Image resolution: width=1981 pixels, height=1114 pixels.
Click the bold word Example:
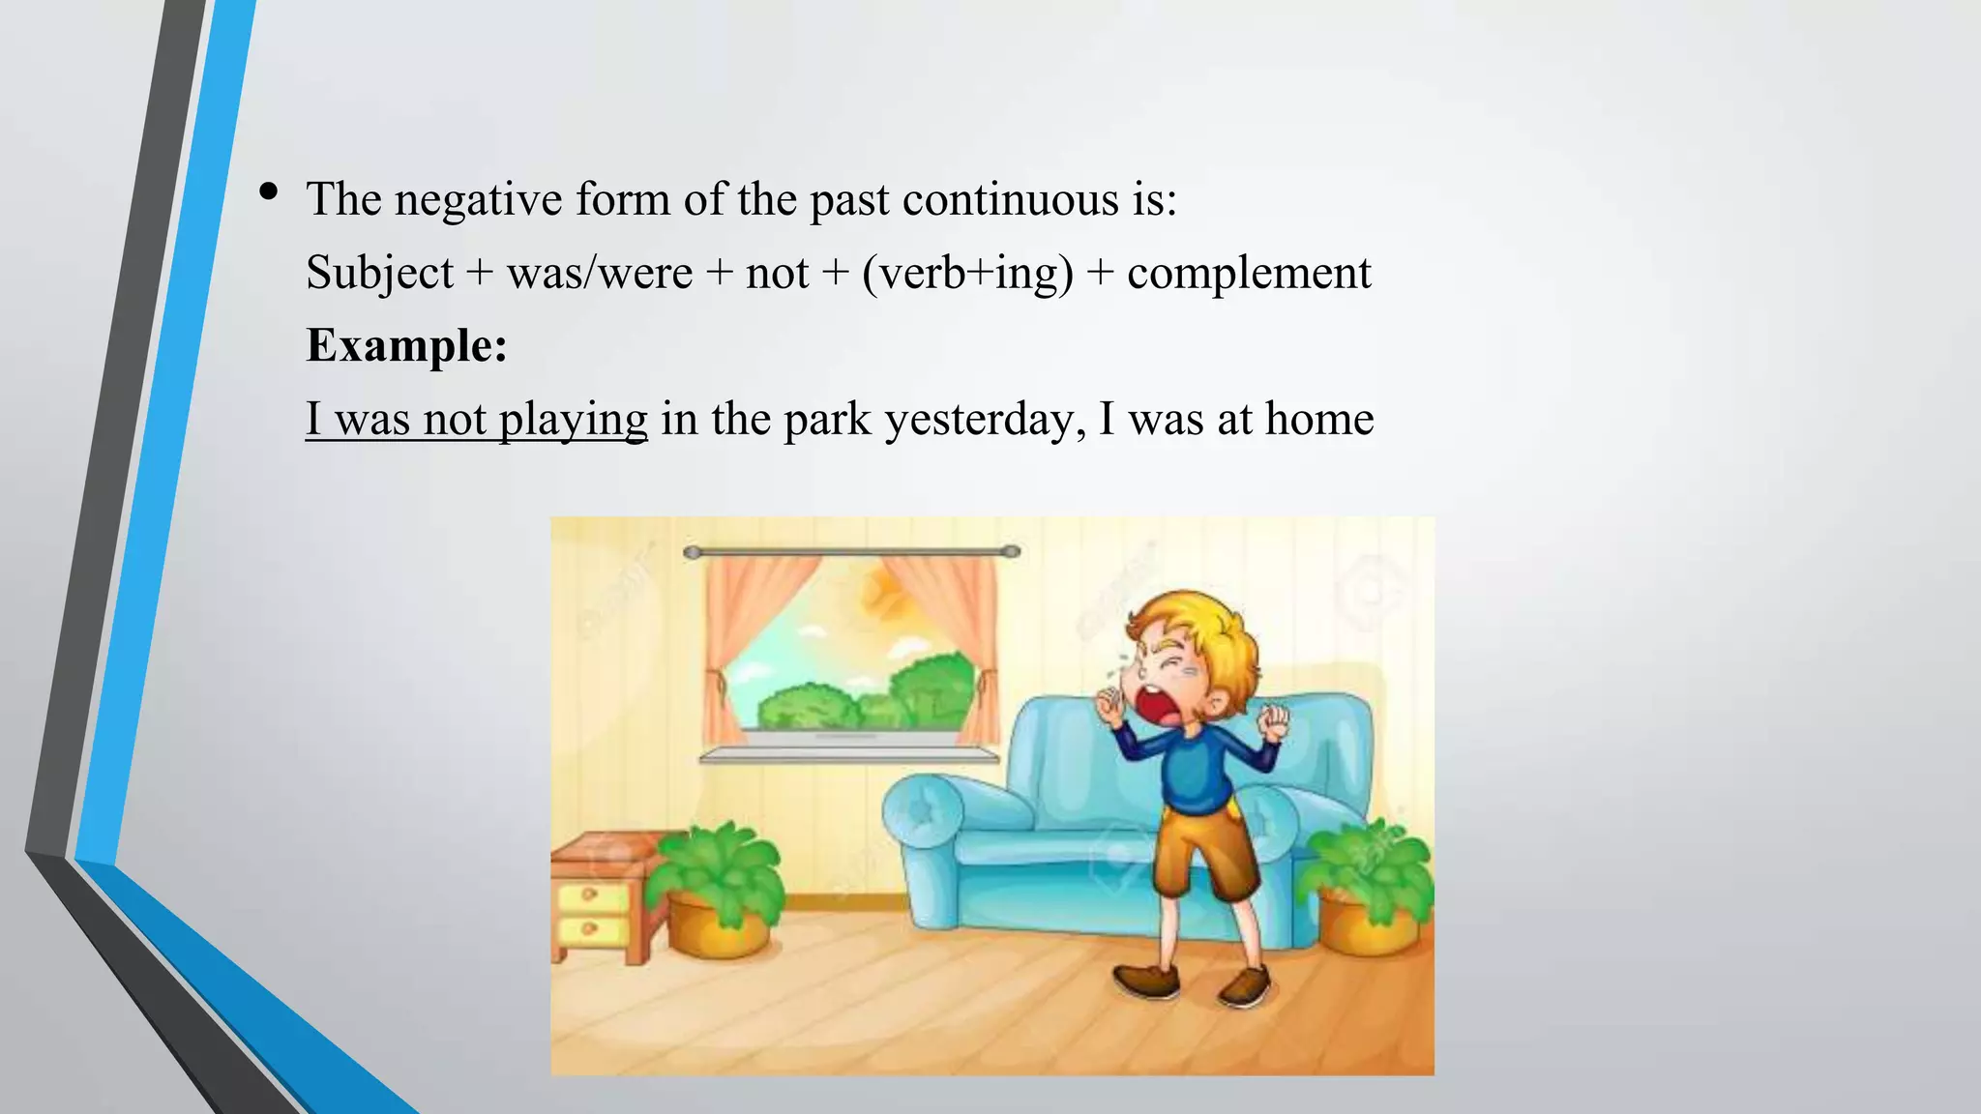(406, 345)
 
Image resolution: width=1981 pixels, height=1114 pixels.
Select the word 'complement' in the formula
(1249, 273)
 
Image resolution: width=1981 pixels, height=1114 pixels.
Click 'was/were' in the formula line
(600, 273)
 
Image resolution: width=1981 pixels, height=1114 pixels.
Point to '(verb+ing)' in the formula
(967, 273)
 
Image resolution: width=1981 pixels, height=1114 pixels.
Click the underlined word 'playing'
(573, 420)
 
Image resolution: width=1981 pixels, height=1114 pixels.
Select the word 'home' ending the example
(1319, 420)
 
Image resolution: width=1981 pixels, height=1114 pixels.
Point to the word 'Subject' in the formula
(379, 273)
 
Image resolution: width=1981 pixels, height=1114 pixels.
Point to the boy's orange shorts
(1204, 851)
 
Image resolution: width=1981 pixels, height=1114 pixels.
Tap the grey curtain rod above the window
(851, 552)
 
